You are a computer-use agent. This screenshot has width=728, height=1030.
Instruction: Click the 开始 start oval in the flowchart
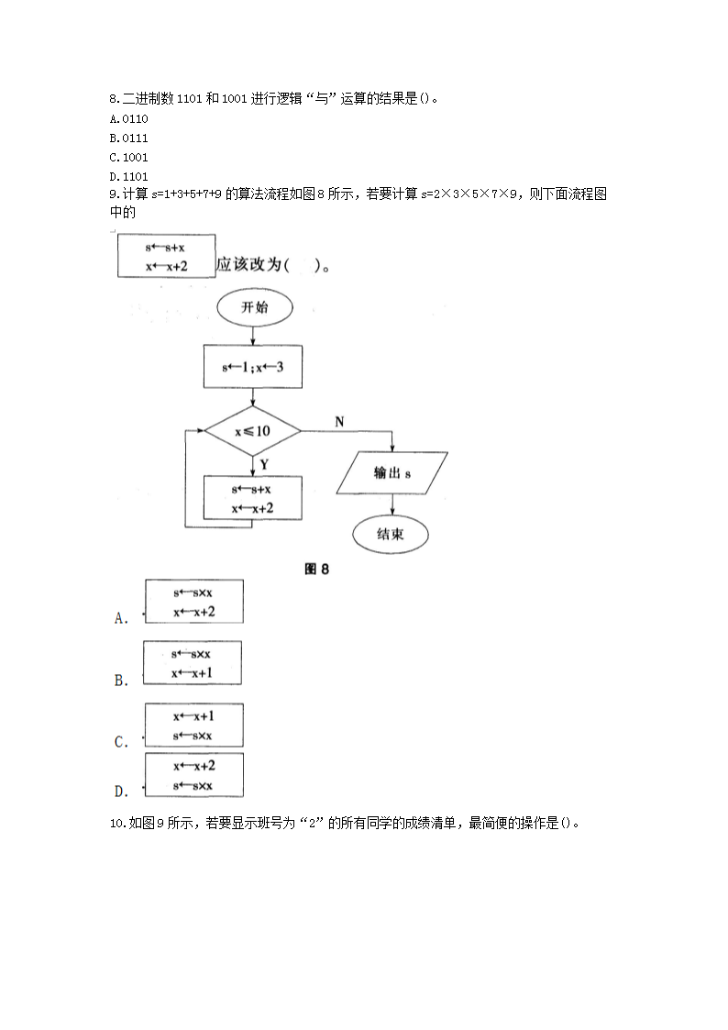click(254, 308)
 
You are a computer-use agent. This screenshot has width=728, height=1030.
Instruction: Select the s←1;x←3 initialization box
click(252, 368)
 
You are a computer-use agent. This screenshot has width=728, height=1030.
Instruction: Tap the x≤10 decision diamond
click(252, 430)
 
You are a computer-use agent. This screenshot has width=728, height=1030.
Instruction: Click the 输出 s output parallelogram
click(392, 474)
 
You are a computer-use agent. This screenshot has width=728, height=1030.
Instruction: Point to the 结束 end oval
click(391, 534)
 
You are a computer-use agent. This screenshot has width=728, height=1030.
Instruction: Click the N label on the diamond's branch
click(339, 422)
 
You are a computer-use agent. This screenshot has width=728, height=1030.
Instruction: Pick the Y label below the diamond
click(264, 465)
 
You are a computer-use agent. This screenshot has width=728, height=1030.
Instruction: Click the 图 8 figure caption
click(316, 570)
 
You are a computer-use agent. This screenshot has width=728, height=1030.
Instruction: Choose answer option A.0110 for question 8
click(128, 119)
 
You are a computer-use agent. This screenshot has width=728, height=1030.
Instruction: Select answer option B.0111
click(128, 138)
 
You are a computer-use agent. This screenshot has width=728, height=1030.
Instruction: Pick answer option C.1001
click(128, 157)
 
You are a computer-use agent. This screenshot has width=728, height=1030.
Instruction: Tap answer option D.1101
click(128, 176)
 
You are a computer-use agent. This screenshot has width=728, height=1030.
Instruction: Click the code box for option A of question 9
click(193, 602)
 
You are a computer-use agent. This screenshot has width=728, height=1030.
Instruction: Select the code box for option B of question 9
click(193, 663)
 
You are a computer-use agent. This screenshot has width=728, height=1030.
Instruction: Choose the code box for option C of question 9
click(193, 725)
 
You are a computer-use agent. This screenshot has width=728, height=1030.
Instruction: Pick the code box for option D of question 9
click(193, 774)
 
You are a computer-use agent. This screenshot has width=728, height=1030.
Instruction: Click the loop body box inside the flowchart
click(252, 498)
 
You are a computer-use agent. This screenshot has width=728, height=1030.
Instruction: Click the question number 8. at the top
click(114, 99)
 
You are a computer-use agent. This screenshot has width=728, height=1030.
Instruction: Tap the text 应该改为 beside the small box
click(248, 266)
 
